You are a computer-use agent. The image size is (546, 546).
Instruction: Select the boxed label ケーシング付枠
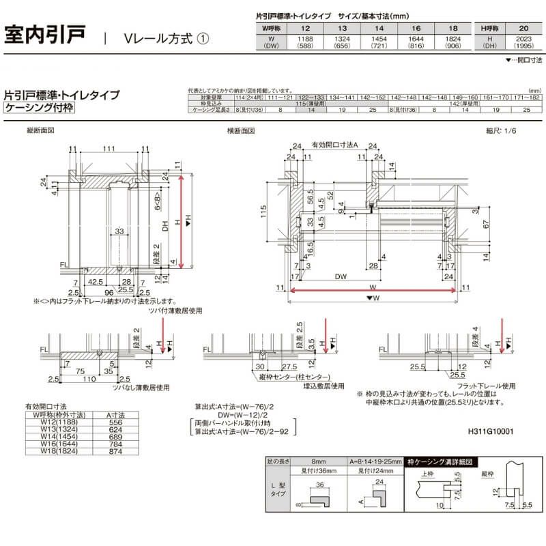coord(38,108)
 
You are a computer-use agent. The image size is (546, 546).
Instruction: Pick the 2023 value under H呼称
coord(523,42)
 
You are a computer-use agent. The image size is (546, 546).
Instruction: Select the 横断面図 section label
coord(241,130)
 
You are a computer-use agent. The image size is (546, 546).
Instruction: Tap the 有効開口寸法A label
coord(334,145)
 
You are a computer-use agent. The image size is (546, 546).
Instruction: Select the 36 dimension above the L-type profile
coord(319,485)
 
